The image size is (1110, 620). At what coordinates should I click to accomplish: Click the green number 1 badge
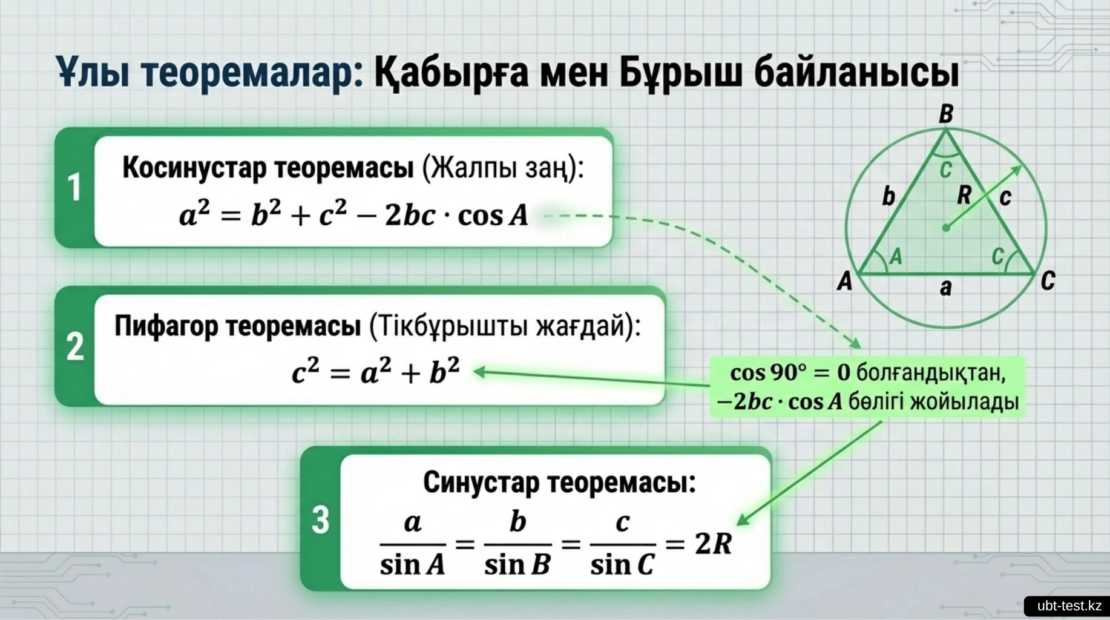(74, 187)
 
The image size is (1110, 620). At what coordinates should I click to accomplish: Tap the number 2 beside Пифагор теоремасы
(75, 346)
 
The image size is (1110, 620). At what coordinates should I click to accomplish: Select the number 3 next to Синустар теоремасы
(320, 519)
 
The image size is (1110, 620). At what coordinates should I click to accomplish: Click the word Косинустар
(194, 167)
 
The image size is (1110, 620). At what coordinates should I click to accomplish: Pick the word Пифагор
(166, 326)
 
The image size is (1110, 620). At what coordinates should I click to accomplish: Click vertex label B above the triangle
(946, 114)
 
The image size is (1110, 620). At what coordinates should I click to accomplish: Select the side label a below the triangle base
(945, 288)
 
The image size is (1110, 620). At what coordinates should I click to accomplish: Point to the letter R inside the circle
(964, 195)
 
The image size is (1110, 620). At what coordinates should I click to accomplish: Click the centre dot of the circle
(946, 228)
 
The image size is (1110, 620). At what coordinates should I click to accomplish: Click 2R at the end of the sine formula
(714, 543)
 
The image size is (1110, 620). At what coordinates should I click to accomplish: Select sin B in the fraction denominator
(517, 565)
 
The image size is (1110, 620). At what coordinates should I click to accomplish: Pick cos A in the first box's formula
(493, 216)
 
